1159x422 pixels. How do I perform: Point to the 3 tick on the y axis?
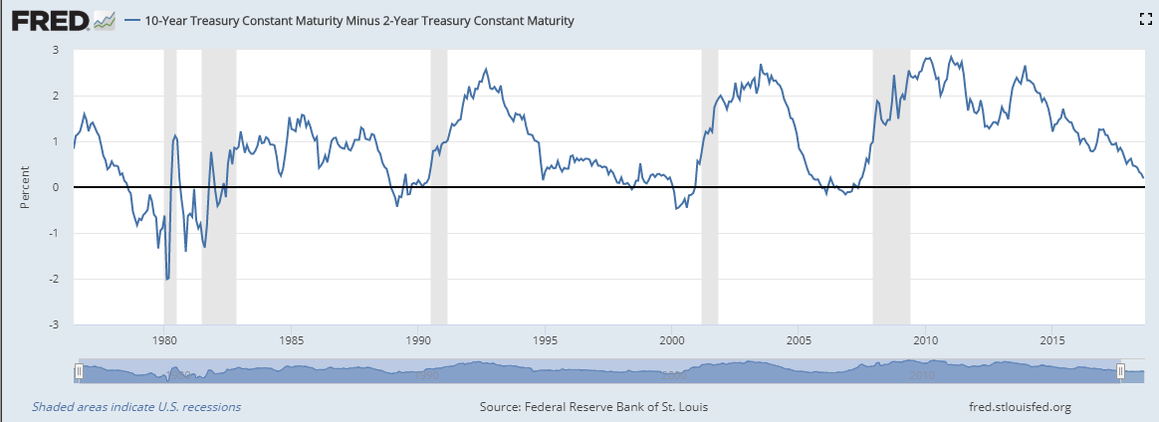tap(56, 50)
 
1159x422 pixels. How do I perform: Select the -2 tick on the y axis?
tap(54, 279)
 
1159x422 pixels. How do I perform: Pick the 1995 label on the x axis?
tap(545, 339)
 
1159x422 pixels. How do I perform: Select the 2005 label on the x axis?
tap(799, 339)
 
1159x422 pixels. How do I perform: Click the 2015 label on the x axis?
tap(1052, 339)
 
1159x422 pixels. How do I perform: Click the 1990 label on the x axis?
tap(418, 339)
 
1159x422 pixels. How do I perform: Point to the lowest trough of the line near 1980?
tap(167, 279)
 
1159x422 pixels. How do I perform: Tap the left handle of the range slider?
tap(79, 372)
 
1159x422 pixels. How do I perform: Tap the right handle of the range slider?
tap(1120, 372)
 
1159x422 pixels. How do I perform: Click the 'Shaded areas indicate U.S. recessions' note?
tap(136, 406)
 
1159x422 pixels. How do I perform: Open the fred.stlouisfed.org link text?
tap(1020, 406)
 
